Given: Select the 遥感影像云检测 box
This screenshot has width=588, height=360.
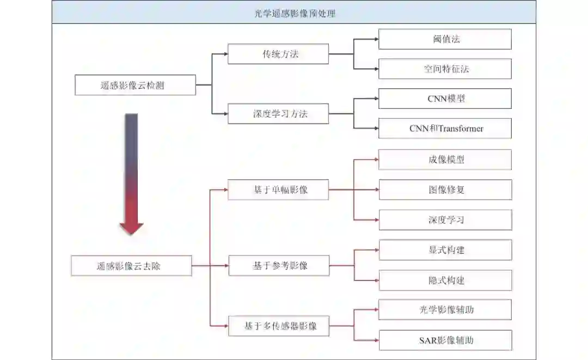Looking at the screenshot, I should [x=135, y=85].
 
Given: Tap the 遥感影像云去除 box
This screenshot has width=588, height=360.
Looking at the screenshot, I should [x=131, y=266].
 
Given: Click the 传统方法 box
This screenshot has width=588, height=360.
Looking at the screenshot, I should [x=278, y=54].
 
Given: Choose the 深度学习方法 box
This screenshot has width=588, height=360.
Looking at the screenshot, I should [x=278, y=114].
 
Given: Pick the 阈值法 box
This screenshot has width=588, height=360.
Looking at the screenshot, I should [x=445, y=39].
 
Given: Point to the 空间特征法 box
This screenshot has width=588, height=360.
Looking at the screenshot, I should [x=445, y=69].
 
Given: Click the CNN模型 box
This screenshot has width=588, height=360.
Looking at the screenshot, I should [x=445, y=99].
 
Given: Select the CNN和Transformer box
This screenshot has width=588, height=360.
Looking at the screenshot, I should [x=445, y=129].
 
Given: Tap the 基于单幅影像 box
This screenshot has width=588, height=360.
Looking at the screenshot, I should [x=278, y=190].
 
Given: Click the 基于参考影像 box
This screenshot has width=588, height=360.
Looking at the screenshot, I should [x=278, y=266].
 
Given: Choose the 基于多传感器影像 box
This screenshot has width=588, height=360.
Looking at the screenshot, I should [x=278, y=326].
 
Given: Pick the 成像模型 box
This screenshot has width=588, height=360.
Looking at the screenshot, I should [x=445, y=160].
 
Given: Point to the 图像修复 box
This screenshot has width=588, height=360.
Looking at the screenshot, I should [x=445, y=190].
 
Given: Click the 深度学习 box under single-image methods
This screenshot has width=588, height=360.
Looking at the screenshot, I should [x=445, y=220].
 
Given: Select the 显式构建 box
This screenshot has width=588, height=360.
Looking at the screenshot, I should [x=445, y=250].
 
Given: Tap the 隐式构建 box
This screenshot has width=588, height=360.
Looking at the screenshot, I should [x=445, y=280].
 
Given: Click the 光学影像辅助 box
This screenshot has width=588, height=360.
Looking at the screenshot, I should [x=445, y=310].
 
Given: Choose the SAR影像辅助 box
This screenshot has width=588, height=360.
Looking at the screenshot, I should [x=445, y=340].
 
